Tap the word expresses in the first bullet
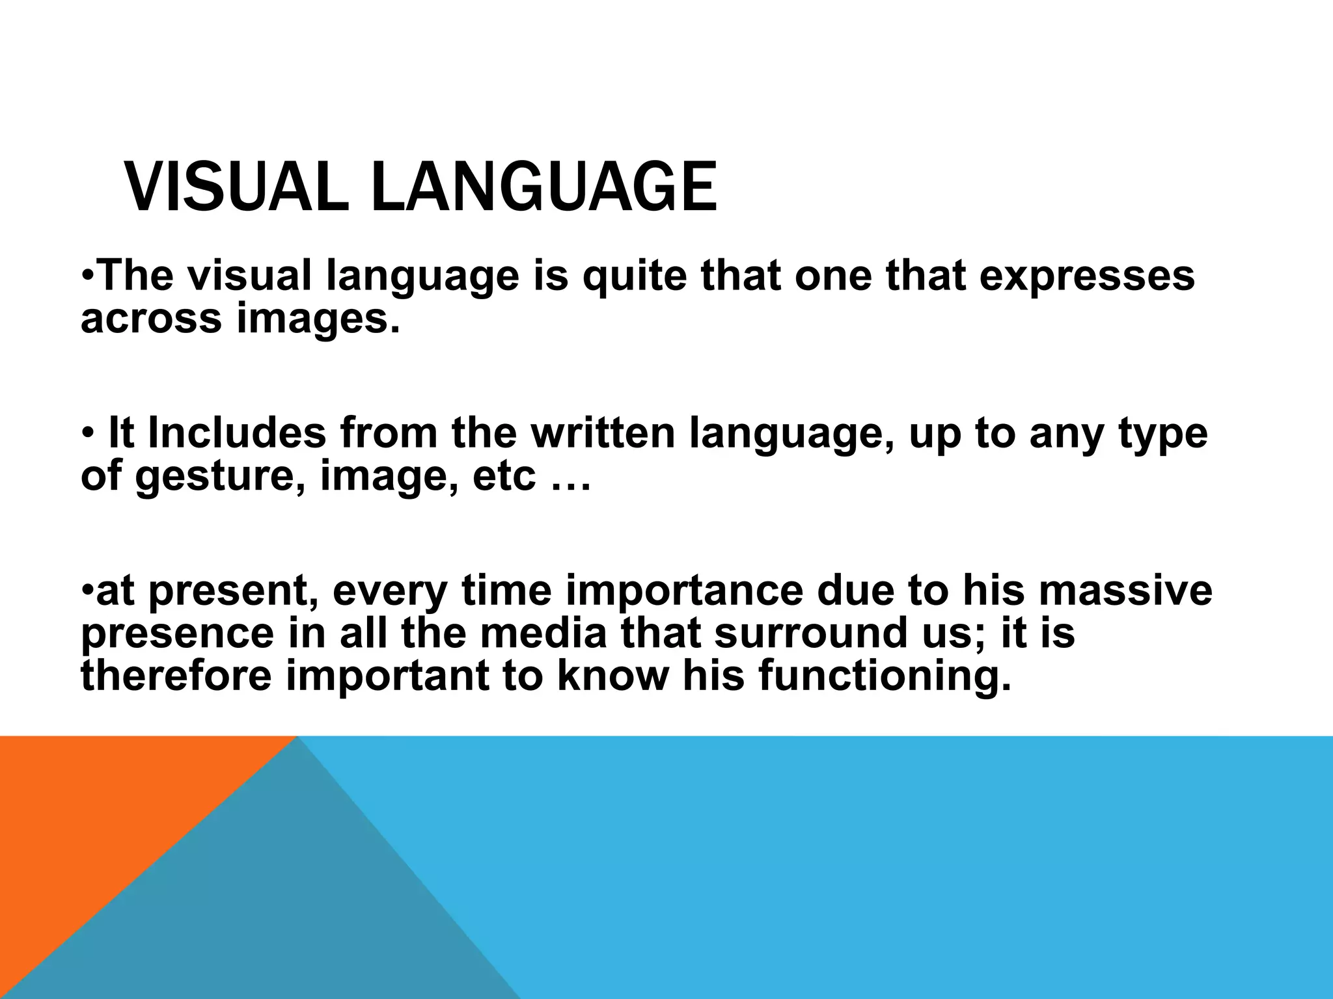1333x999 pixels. click(x=1086, y=276)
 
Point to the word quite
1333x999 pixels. click(x=634, y=276)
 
